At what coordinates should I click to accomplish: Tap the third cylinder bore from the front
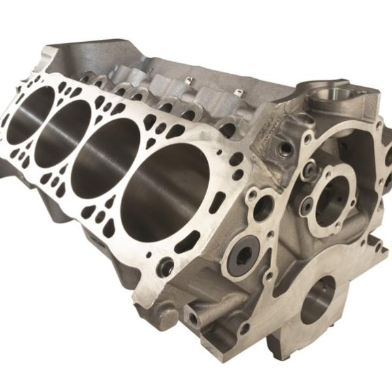[62, 132]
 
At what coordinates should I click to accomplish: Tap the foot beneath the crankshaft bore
[287, 353]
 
